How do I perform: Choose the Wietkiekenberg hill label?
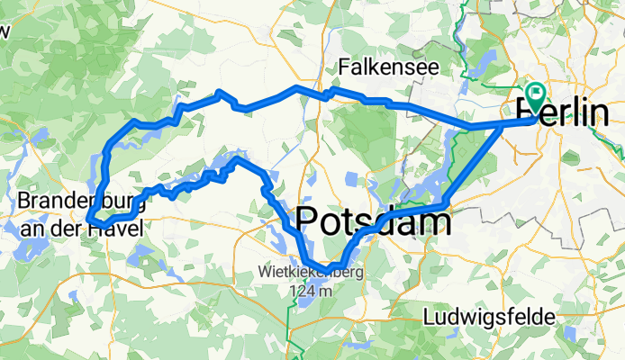[x=310, y=273]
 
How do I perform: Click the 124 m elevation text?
[x=312, y=290]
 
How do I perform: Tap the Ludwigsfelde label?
[x=491, y=318]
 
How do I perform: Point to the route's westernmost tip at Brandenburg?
[x=89, y=215]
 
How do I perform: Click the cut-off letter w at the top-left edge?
[x=5, y=32]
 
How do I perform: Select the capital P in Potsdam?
[x=307, y=220]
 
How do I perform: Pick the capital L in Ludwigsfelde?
[x=429, y=318]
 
